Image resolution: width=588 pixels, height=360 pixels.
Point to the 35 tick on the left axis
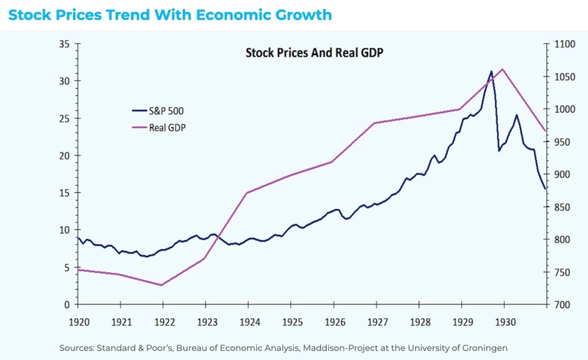64,44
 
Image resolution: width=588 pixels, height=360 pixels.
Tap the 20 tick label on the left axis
64,155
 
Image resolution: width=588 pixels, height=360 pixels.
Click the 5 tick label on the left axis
66,267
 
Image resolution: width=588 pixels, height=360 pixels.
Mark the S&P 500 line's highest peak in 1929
491,71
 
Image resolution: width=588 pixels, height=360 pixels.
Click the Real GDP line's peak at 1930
503,69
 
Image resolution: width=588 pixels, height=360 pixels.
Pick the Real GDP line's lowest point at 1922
162,285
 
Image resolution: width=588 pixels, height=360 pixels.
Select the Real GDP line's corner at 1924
247,193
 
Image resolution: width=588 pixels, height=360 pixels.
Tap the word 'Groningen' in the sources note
485,347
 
